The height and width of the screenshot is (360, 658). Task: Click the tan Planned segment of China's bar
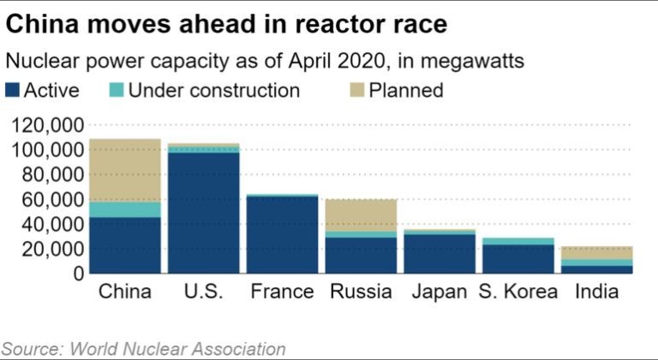(x=125, y=170)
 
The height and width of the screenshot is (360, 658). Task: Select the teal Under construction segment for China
(x=125, y=210)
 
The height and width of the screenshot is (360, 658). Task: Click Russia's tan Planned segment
(x=360, y=215)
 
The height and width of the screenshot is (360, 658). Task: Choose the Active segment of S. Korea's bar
(x=517, y=259)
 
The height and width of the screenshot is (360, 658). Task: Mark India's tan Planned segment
(x=595, y=253)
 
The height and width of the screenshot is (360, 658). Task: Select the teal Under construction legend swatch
(x=117, y=90)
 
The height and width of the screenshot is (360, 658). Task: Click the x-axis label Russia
(x=361, y=292)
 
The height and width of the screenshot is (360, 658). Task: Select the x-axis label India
(x=596, y=292)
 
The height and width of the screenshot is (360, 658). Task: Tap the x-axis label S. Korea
(x=517, y=292)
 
